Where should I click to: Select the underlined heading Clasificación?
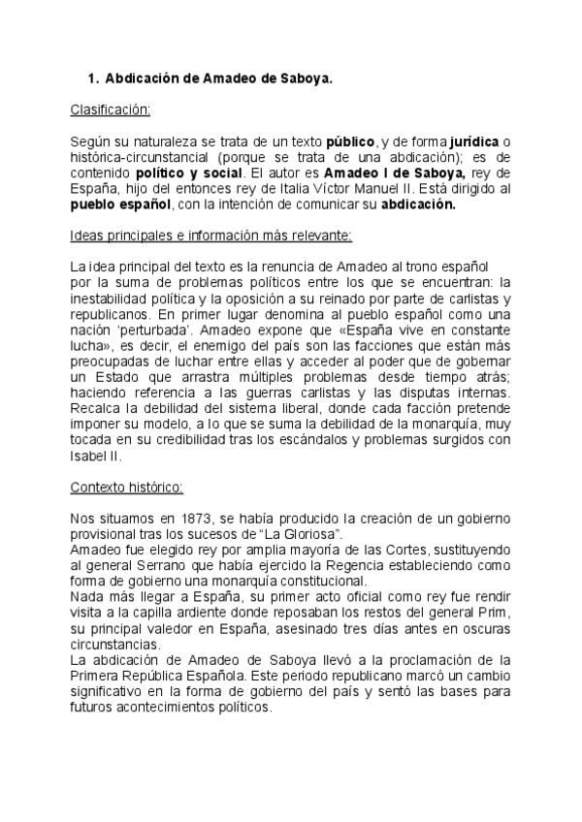[110, 111]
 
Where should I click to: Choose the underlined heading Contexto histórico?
[127, 488]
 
